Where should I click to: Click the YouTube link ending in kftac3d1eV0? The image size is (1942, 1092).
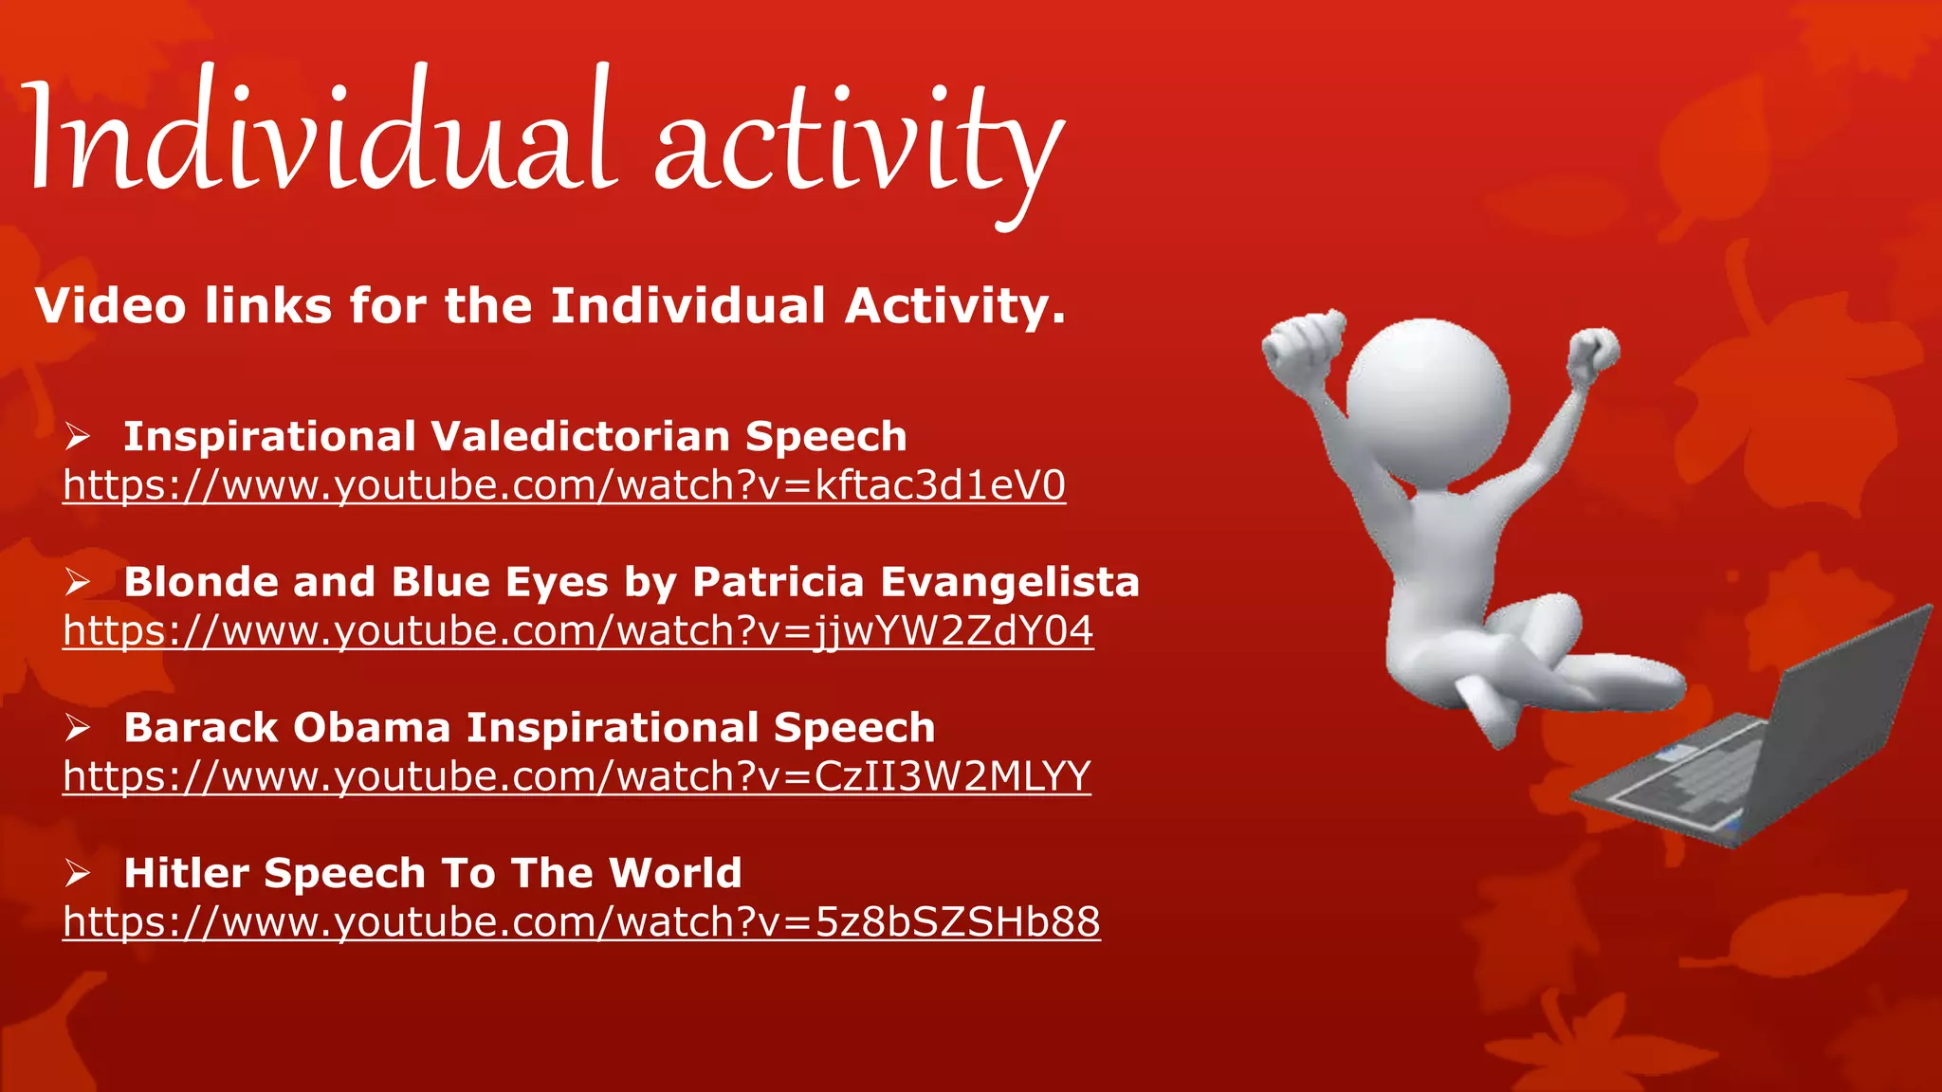pyautogui.click(x=564, y=485)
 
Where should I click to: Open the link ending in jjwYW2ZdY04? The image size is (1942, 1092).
pyautogui.click(x=578, y=631)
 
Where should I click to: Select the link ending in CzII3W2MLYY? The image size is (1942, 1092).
pyautogui.click(x=577, y=776)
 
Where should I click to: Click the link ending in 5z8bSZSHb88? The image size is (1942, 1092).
pyautogui.click(x=581, y=922)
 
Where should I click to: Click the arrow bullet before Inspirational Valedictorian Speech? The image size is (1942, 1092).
pyautogui.click(x=78, y=437)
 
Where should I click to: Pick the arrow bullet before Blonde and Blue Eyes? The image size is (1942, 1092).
pyautogui.click(x=78, y=582)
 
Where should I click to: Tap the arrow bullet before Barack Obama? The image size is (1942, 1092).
pyautogui.click(x=78, y=728)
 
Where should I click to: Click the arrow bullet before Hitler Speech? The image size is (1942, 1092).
pyautogui.click(x=78, y=873)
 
